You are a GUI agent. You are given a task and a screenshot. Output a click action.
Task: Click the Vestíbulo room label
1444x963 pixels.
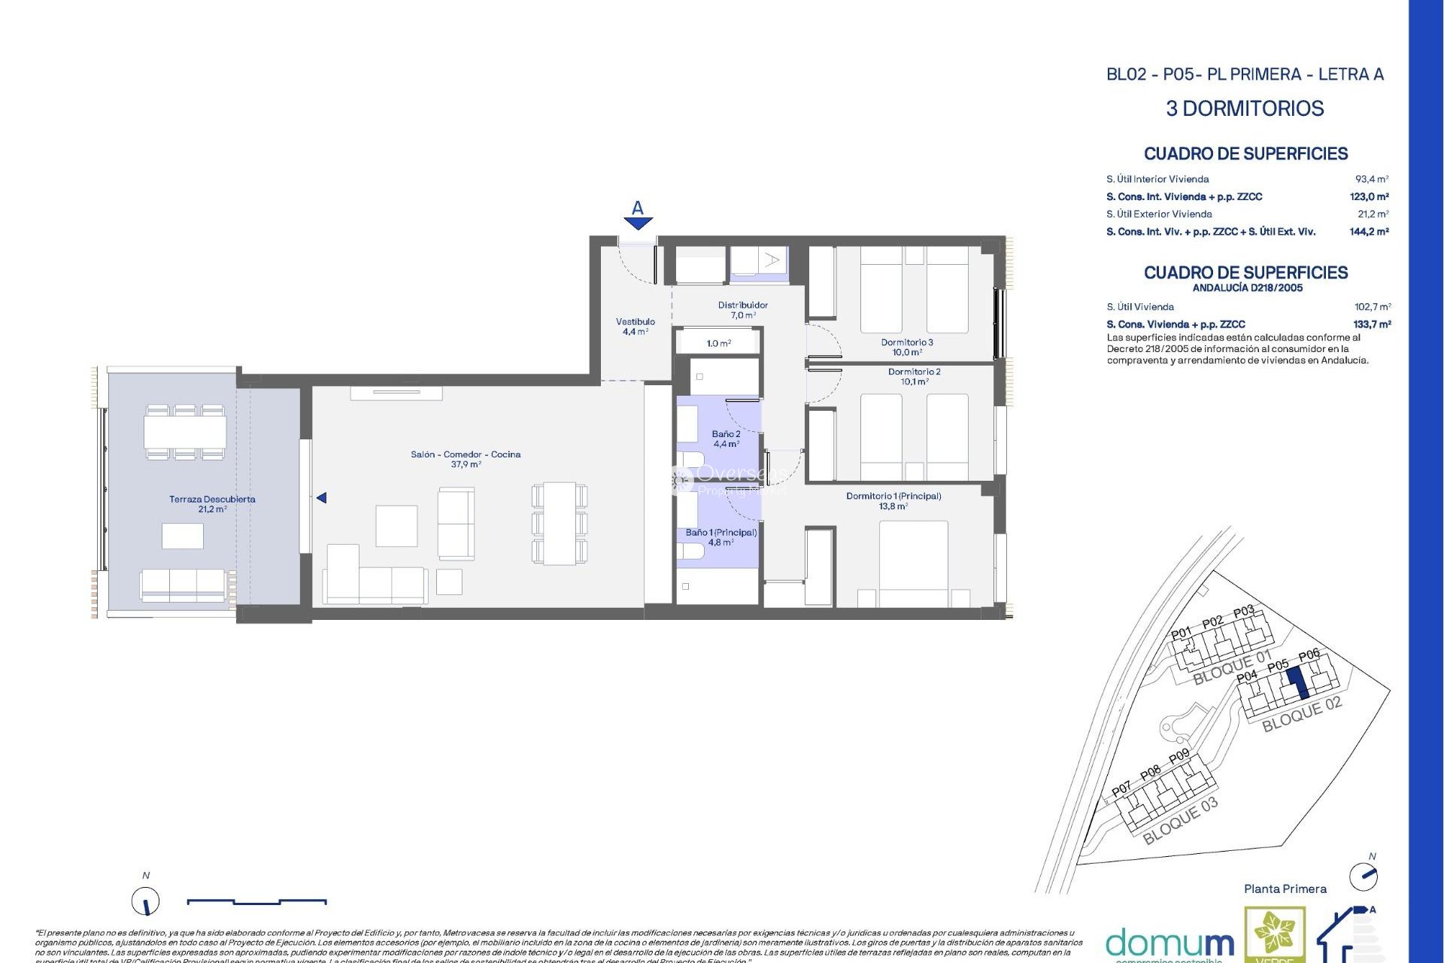coord(635,327)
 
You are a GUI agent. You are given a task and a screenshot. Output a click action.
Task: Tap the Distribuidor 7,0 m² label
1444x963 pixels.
coord(742,310)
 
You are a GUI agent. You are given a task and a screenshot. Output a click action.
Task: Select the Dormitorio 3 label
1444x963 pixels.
coord(907,347)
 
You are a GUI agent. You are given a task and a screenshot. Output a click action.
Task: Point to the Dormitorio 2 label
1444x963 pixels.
coord(914,376)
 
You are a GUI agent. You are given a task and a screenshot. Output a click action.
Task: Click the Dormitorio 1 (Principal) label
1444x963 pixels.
coord(893,501)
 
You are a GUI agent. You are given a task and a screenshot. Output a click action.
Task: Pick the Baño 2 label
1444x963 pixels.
coord(726,439)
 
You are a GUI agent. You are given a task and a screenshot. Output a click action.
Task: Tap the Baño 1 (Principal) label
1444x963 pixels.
coord(720,536)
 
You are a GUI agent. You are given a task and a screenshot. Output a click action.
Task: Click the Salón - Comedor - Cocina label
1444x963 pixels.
coord(466,459)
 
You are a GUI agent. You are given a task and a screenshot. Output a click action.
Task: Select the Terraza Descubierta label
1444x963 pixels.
coord(212,504)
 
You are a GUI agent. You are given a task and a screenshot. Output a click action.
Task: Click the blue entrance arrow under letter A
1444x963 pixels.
coord(638,223)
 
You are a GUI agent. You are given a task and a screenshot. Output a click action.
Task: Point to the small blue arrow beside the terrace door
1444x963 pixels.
coord(321,498)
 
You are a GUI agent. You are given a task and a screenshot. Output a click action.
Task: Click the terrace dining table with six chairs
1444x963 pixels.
coord(185,432)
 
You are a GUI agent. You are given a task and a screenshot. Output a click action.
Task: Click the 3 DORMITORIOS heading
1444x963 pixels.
coord(1245,108)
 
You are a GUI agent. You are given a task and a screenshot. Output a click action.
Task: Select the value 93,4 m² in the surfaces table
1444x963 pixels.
coord(1371,179)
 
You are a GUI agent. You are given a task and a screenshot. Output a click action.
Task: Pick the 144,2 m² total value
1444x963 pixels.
coord(1368,232)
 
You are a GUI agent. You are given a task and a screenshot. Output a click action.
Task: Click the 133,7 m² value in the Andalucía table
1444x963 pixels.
coord(1371,324)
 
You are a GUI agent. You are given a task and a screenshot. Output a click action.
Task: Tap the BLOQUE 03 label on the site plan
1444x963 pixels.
coord(1179,821)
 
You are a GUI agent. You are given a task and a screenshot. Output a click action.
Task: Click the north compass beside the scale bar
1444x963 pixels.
coord(146,901)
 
